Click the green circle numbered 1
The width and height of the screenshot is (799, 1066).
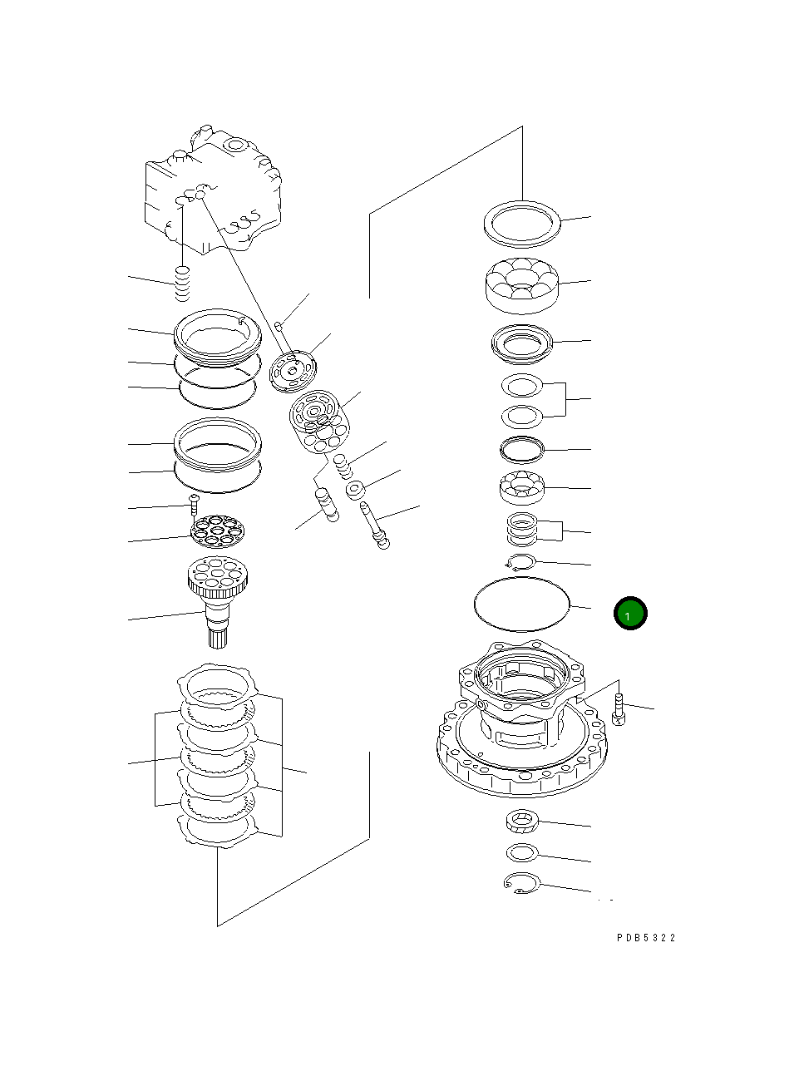point(630,614)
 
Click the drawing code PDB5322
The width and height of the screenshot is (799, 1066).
point(646,938)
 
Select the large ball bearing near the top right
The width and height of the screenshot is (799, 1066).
point(521,284)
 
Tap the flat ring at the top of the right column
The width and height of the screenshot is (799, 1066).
point(521,223)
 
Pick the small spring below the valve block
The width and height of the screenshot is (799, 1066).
point(182,284)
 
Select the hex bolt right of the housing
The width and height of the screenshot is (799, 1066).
point(618,709)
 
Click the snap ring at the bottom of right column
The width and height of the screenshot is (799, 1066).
point(522,884)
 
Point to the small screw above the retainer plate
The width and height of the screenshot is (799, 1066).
point(193,503)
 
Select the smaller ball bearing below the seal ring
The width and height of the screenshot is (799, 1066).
point(521,487)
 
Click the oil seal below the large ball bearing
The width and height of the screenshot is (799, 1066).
point(521,343)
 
